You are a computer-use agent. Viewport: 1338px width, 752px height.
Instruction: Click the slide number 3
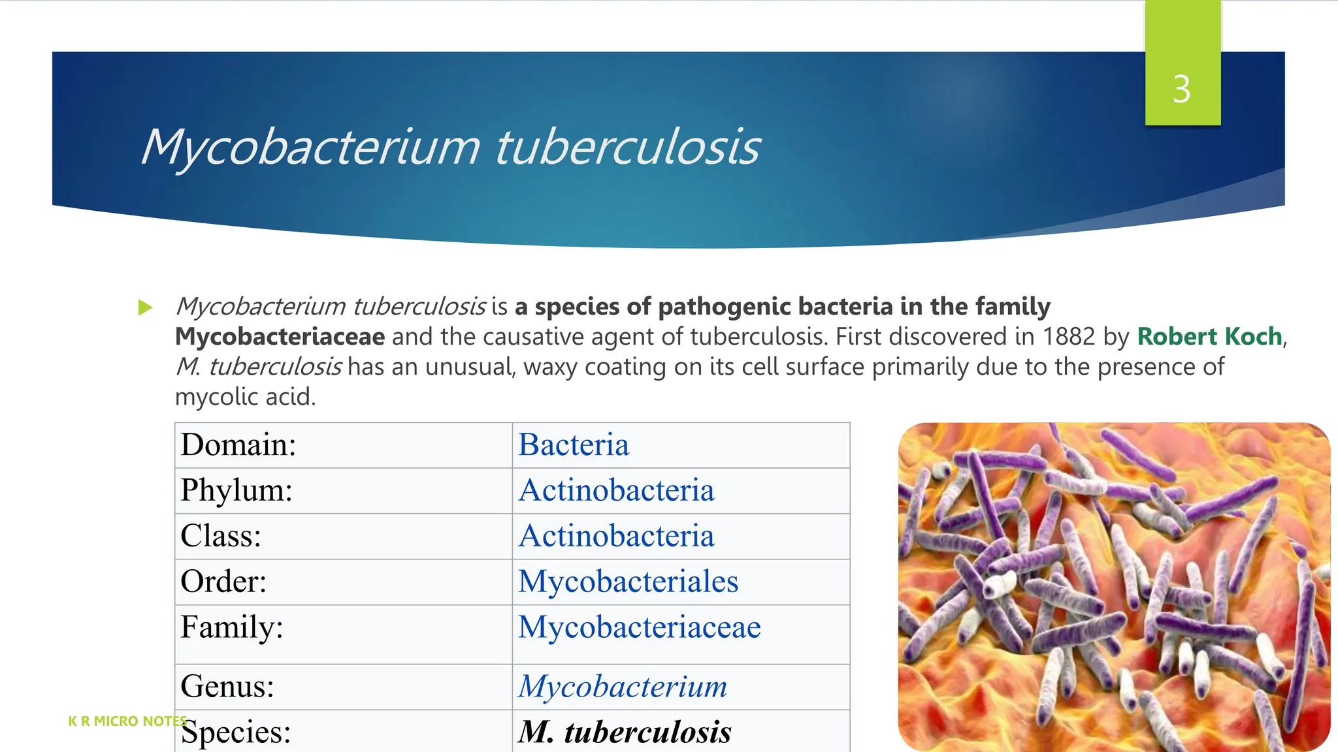1181,89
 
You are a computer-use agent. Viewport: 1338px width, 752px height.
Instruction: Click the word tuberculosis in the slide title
628,146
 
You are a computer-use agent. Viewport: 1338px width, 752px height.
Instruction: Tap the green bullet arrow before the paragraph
145,307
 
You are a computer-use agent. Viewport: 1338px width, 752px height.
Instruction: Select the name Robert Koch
1209,336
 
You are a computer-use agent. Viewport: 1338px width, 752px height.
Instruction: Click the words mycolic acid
245,396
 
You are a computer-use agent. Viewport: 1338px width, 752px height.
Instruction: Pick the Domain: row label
238,445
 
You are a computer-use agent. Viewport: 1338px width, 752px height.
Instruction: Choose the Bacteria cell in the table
574,445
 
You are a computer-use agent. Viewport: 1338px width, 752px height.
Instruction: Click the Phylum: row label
237,490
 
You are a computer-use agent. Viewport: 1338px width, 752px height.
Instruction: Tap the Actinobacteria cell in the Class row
616,536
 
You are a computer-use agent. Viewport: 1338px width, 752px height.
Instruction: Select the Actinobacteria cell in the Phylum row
616,490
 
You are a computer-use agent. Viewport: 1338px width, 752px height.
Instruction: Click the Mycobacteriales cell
628,582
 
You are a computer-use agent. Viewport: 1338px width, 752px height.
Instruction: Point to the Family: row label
232,627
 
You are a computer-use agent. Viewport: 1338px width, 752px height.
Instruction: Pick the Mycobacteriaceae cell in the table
639,627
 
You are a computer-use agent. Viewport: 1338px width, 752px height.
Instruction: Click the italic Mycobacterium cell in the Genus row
623,686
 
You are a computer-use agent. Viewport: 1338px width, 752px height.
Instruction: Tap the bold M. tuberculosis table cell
625,732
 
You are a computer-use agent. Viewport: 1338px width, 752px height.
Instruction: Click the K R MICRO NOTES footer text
127,721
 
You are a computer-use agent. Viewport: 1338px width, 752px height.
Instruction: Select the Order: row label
223,582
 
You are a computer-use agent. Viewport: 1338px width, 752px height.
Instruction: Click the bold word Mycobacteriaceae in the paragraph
280,336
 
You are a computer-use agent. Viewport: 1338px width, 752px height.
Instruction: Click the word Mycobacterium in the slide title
311,146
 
